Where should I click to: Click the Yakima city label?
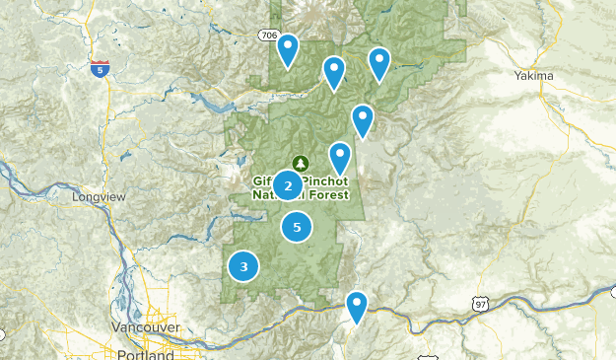point(534,75)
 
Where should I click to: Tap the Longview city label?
point(100,196)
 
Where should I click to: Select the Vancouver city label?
point(145,326)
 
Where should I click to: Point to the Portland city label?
point(144,353)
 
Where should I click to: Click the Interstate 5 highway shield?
point(99,68)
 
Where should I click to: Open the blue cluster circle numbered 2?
point(288,184)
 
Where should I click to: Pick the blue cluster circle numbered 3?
point(243,265)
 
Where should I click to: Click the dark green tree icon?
point(299,163)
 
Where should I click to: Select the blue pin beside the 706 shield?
point(288,49)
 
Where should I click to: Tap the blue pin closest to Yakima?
point(379,63)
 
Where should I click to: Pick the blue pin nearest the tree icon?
point(340,158)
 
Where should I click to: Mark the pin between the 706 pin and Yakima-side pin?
point(334,72)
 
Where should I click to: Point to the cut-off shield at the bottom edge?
point(426,357)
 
